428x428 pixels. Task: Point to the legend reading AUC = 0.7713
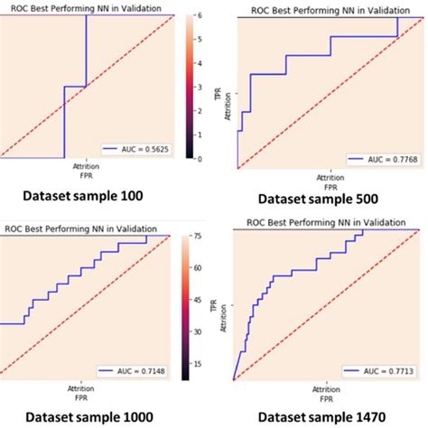tap(373, 371)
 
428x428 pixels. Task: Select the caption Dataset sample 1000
tap(86, 418)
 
